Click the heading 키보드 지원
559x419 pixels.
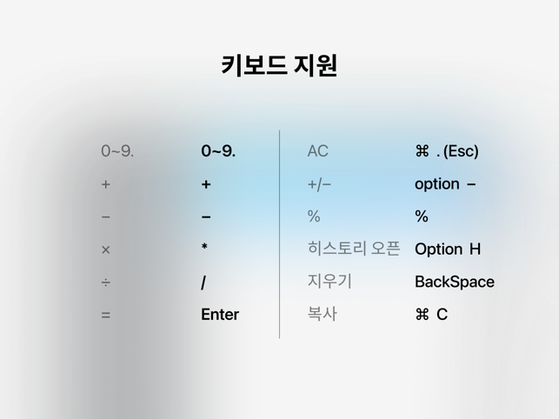tap(279, 65)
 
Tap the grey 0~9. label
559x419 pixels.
tap(117, 151)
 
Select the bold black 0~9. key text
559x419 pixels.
tap(218, 151)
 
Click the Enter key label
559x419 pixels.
tap(220, 315)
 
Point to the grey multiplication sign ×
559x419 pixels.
tap(105, 249)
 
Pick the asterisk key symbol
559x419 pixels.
tap(204, 246)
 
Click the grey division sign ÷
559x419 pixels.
tap(105, 283)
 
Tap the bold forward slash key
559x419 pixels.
tap(203, 283)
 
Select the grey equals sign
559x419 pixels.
tap(105, 316)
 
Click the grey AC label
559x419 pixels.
tap(317, 151)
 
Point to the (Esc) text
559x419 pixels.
tap(461, 151)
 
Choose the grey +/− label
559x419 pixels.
tap(319, 184)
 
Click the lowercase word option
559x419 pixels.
tap(437, 184)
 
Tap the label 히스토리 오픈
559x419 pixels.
tap(354, 249)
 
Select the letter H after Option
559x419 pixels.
tap(475, 249)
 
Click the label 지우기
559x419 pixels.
tap(329, 281)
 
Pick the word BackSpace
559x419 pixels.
tap(455, 282)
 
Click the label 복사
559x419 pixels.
tap(322, 314)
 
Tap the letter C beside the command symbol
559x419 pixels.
tap(442, 315)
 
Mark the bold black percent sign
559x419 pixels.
tap(422, 216)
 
